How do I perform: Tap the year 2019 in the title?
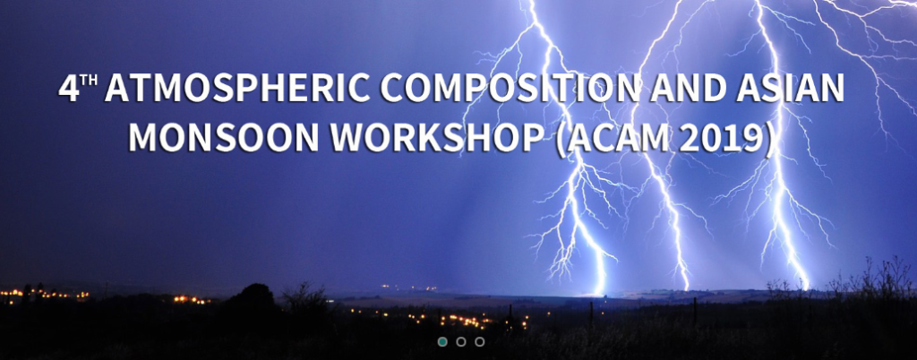tap(721, 138)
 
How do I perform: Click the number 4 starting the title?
tap(68, 90)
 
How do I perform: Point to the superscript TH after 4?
tap(90, 81)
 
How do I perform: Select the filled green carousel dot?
tap(442, 342)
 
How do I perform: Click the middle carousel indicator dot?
tap(461, 342)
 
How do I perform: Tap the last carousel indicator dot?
tap(480, 342)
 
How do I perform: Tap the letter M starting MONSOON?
tap(142, 138)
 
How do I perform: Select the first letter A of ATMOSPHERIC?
tap(117, 90)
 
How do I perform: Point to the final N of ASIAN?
tap(833, 90)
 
